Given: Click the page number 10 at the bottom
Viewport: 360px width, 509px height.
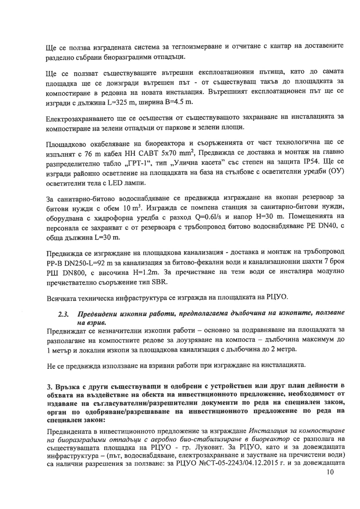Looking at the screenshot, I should [330, 472].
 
